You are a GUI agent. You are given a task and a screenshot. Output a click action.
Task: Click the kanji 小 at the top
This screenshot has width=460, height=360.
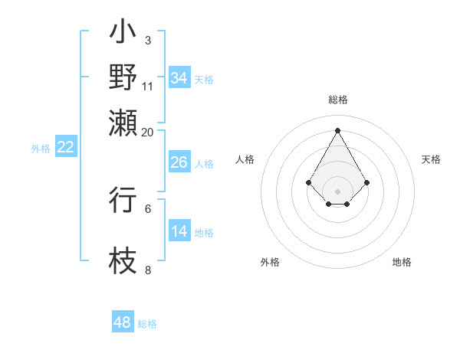coord(123,34)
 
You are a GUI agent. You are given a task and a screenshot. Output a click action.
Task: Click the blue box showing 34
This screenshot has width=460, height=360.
coord(179,77)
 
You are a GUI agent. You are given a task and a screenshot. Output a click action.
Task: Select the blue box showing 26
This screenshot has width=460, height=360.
coord(179,162)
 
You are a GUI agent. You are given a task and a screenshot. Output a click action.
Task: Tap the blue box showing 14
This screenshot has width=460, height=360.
coord(179,231)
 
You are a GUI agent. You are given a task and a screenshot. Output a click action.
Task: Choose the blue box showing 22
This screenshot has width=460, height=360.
coord(66,147)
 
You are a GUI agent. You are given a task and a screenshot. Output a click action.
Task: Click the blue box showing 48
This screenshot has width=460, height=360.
coord(123,322)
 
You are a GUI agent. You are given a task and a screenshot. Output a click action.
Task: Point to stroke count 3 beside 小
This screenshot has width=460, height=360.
coord(147,40)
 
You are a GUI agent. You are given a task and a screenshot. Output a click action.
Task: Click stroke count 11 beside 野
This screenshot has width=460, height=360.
coord(147,85)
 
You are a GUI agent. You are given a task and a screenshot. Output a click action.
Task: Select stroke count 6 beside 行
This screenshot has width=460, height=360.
coord(147,208)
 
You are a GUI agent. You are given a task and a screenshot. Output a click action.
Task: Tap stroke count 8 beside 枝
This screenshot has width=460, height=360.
coord(147,270)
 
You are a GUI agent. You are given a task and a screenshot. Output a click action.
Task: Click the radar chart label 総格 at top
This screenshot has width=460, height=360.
coord(338,100)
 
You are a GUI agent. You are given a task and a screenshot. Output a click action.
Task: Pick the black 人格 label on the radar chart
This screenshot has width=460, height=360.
coord(245,159)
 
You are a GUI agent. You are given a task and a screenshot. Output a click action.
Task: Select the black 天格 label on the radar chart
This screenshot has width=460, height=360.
coord(432,159)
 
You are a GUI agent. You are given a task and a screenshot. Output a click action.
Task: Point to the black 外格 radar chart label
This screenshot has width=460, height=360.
coord(270,262)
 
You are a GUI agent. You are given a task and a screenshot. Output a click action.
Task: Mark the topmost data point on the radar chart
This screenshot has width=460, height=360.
coord(337,129)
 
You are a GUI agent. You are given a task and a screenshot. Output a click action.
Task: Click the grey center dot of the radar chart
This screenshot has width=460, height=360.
coord(337,191)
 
